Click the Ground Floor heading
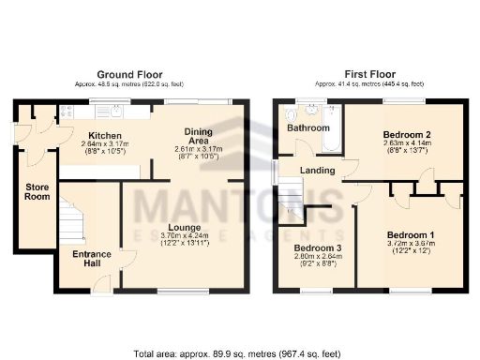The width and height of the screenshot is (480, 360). pyautogui.click(x=130, y=74)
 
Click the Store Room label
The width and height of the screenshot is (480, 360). pyautogui.click(x=37, y=191)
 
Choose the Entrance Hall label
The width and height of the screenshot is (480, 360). pyautogui.click(x=92, y=259)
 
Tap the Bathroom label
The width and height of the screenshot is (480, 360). pyautogui.click(x=308, y=127)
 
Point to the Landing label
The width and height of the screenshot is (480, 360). pyautogui.click(x=319, y=170)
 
